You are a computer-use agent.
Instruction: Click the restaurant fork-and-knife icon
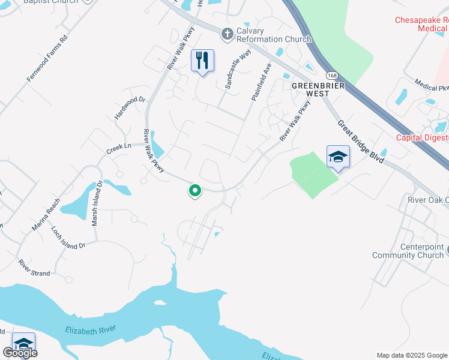pyautogui.click(x=202, y=60)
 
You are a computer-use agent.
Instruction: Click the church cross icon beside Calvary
pyautogui.click(x=227, y=34)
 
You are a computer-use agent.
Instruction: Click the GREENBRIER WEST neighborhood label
pyautogui.click(x=310, y=89)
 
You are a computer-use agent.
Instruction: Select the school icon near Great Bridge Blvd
pyautogui.click(x=338, y=157)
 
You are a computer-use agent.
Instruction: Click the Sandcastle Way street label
pyautogui.click(x=238, y=70)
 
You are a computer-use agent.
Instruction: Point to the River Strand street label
pyautogui.click(x=34, y=268)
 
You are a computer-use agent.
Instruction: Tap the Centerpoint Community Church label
pyautogui.click(x=408, y=251)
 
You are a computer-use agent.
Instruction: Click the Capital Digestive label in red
pyautogui.click(x=422, y=138)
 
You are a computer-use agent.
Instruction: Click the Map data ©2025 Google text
pyautogui.click(x=411, y=355)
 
